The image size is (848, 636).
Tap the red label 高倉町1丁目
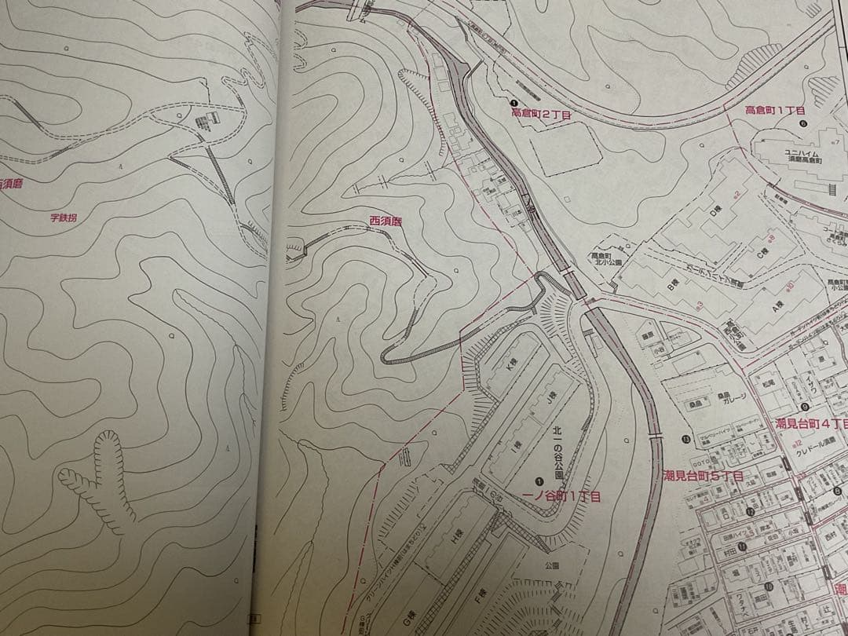coord(776,111)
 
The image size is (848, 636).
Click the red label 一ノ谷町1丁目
coord(561,496)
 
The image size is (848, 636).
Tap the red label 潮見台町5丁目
coord(703,476)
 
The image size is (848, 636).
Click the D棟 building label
coord(715,210)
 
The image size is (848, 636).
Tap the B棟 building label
coord(673,287)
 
